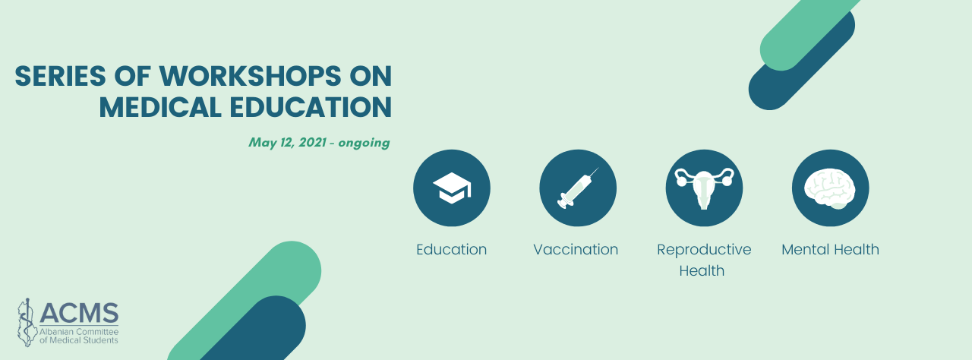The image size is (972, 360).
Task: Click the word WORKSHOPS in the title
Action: pyautogui.click(x=251, y=77)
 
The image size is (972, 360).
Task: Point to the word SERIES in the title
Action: pyautogui.click(x=60, y=77)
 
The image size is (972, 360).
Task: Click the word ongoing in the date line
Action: pyautogui.click(x=364, y=143)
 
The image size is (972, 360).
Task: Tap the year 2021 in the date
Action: pyautogui.click(x=312, y=142)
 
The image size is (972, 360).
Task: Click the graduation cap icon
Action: pyautogui.click(x=452, y=188)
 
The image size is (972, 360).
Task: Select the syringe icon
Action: pyautogui.click(x=578, y=188)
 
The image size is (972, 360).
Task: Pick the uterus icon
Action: pyautogui.click(x=704, y=188)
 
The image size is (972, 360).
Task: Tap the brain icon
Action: pyautogui.click(x=830, y=188)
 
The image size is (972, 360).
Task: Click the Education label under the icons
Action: pyautogui.click(x=451, y=249)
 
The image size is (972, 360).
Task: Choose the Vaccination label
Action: pyautogui.click(x=576, y=249)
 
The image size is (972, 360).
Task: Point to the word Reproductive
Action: pyautogui.click(x=704, y=250)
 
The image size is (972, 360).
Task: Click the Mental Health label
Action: pyautogui.click(x=830, y=249)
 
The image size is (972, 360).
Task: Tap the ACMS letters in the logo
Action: pyautogui.click(x=79, y=312)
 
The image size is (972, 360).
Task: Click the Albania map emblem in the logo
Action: pyautogui.click(x=26, y=322)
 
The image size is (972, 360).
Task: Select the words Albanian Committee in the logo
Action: pyautogui.click(x=79, y=332)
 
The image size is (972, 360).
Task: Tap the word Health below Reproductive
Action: pyautogui.click(x=702, y=270)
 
